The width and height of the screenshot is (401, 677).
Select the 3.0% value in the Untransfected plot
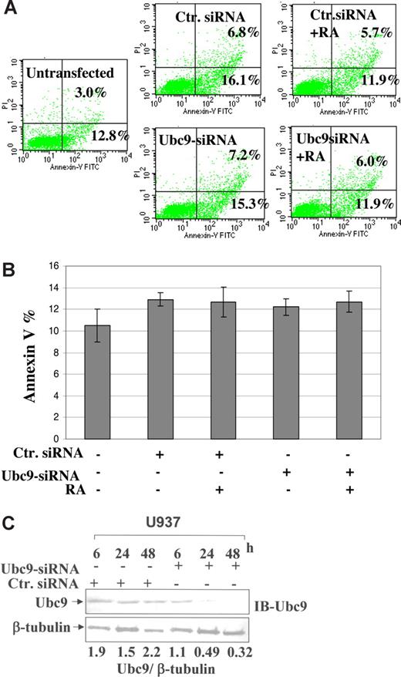point(89,93)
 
